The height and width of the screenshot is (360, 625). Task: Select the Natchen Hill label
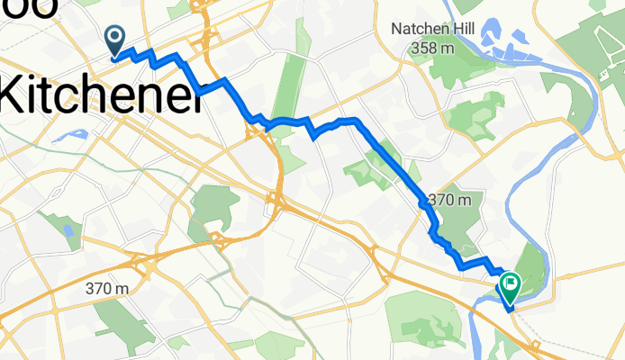[432, 29]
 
